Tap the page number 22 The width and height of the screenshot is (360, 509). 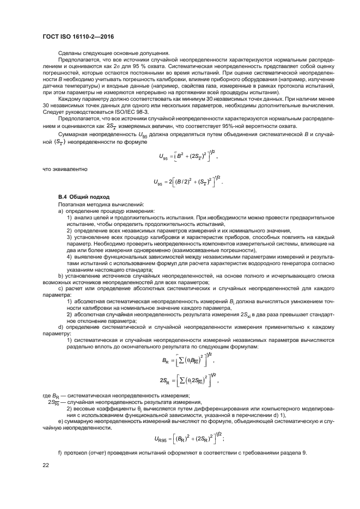[46, 464]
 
